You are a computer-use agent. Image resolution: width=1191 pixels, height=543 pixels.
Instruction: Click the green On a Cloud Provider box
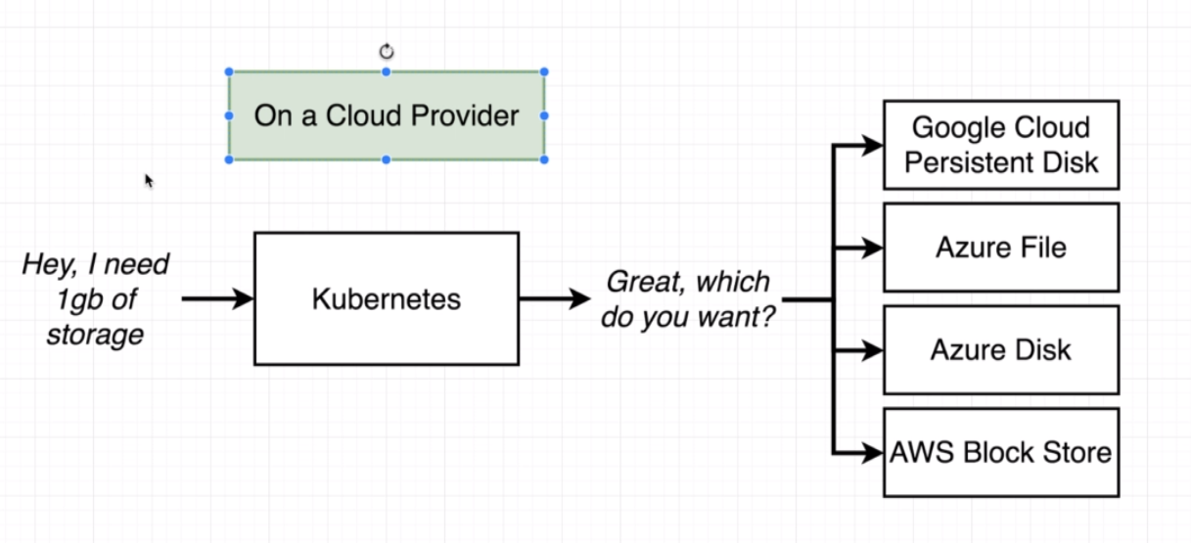click(x=387, y=115)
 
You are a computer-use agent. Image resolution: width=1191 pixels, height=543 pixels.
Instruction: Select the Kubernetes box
click(x=387, y=298)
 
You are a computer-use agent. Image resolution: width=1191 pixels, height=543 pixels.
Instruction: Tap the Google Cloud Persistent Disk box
click(x=1001, y=145)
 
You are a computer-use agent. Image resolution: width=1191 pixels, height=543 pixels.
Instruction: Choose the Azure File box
click(x=1001, y=248)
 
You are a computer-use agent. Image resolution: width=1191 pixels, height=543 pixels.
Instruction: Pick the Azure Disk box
click(x=1001, y=350)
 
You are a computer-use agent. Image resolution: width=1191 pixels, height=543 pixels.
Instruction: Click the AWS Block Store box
click(x=1001, y=453)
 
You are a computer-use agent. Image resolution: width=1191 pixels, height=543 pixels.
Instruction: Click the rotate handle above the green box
click(x=387, y=52)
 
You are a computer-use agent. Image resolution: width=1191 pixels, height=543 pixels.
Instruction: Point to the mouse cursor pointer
click(x=149, y=181)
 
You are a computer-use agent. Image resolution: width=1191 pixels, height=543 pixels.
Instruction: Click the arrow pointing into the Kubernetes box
click(x=217, y=298)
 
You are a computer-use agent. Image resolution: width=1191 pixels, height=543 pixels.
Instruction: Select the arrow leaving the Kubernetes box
click(x=555, y=298)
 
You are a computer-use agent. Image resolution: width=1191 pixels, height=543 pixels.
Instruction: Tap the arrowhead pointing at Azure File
click(x=872, y=248)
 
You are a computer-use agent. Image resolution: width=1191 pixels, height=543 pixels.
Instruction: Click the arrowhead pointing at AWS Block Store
click(x=872, y=453)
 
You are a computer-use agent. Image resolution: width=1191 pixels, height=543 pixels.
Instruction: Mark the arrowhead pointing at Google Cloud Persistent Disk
click(x=872, y=145)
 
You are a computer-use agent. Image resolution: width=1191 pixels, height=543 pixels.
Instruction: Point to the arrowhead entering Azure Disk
click(x=872, y=350)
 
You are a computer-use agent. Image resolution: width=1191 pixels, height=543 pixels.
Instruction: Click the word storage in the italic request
click(x=95, y=336)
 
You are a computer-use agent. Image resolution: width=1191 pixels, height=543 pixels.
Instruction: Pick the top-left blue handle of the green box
click(x=229, y=71)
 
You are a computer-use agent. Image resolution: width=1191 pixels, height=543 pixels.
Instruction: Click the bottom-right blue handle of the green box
click(x=544, y=159)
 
